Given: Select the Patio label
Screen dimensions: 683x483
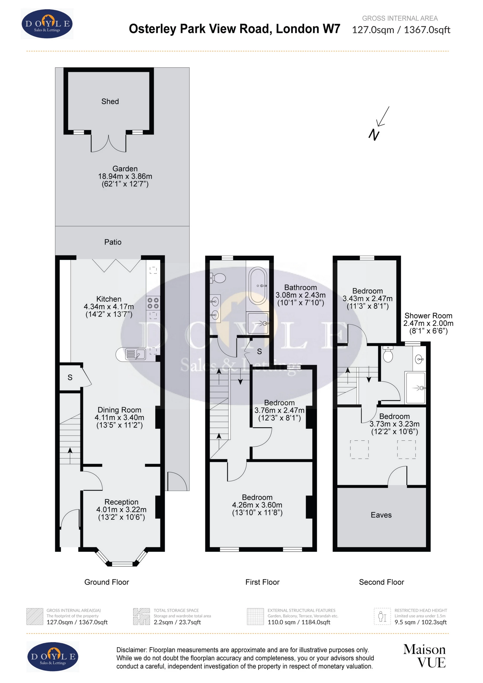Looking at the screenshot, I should click(113, 242).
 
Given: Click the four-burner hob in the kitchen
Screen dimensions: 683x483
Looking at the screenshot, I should click(153, 303).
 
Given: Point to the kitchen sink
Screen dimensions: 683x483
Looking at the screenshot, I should click(135, 354).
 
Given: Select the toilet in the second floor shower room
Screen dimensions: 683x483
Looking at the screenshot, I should click(388, 355).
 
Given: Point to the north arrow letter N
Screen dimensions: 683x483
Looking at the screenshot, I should click(374, 135).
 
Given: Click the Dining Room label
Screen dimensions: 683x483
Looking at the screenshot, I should click(119, 410).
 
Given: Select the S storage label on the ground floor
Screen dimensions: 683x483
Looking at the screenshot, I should click(70, 377).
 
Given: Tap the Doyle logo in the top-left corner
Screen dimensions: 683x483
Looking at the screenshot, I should click(47, 24).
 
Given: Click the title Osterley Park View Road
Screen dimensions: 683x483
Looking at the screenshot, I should click(234, 29).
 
